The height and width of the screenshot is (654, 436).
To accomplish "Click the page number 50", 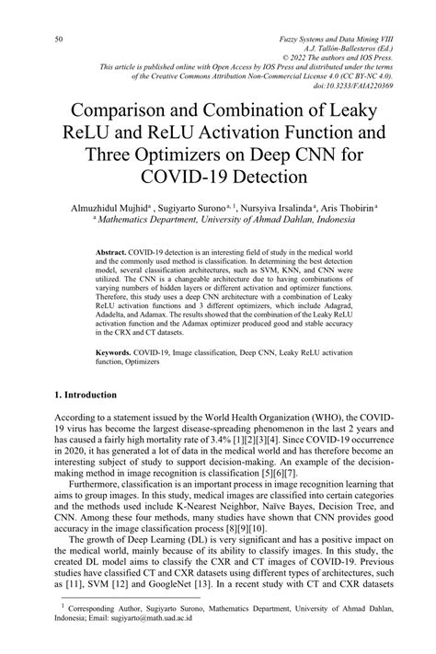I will (59, 40).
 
